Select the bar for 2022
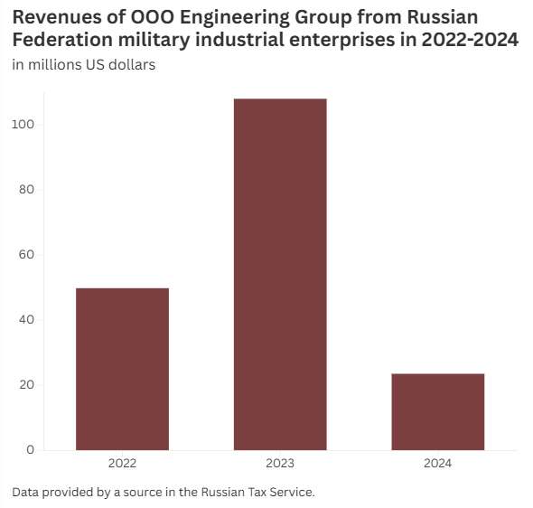[x=122, y=370]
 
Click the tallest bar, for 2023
[x=280, y=275]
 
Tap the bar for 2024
[x=438, y=412]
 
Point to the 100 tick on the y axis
[x=23, y=125]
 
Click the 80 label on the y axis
[x=27, y=190]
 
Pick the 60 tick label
[x=27, y=254]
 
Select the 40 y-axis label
[x=27, y=320]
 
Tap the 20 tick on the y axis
[x=27, y=384]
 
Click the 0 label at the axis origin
[x=31, y=450]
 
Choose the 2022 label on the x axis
[x=122, y=463]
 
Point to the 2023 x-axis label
[x=280, y=463]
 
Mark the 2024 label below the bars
[x=438, y=463]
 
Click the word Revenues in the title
[x=57, y=17]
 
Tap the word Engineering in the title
[x=235, y=18]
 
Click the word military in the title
[x=154, y=41]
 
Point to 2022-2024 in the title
[x=470, y=40]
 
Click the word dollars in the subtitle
[x=132, y=64]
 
